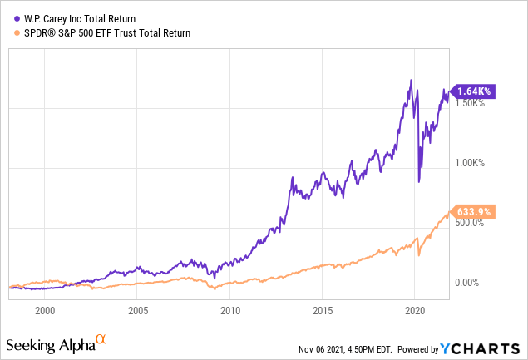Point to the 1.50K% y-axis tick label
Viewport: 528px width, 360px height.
coord(472,103)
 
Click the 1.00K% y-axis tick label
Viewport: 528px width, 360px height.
coord(472,163)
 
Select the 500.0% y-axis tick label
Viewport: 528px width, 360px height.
coord(471,223)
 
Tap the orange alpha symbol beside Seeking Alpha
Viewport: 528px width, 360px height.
coord(101,339)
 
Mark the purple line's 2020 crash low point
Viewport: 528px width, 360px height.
coord(419,181)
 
